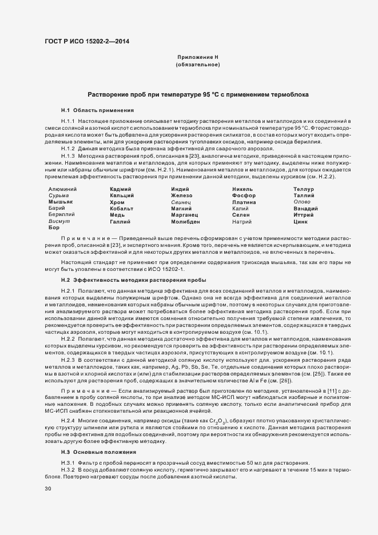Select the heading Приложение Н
click(x=198, y=58)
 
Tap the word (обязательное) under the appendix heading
click(x=198, y=65)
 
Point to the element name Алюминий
click(x=63, y=189)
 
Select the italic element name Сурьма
click(x=58, y=195)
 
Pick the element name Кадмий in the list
click(x=121, y=189)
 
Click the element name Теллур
click(x=304, y=189)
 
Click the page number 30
click(x=47, y=489)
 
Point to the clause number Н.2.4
click(x=68, y=421)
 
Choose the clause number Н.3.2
click(x=68, y=469)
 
